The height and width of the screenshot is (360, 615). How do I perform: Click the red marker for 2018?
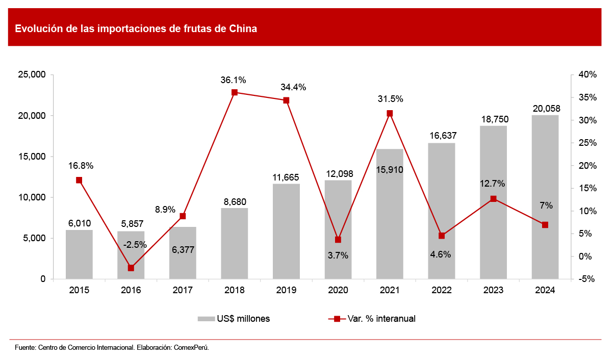(235, 92)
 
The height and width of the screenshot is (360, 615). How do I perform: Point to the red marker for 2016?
(131, 268)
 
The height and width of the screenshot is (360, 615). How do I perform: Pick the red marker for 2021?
(390, 113)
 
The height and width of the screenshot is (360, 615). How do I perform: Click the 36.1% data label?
(234, 80)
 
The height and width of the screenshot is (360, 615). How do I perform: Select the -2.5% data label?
(135, 244)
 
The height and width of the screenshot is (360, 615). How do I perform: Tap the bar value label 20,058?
(545, 108)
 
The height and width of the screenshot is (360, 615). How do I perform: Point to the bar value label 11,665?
(286, 177)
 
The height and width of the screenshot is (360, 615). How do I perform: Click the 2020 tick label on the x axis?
(338, 290)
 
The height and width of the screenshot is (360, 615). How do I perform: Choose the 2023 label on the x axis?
(493, 290)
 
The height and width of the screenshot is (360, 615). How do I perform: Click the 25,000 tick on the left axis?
(32, 75)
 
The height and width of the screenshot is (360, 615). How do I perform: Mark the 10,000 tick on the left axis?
(32, 197)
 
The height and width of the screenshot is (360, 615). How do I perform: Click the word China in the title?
(243, 29)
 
